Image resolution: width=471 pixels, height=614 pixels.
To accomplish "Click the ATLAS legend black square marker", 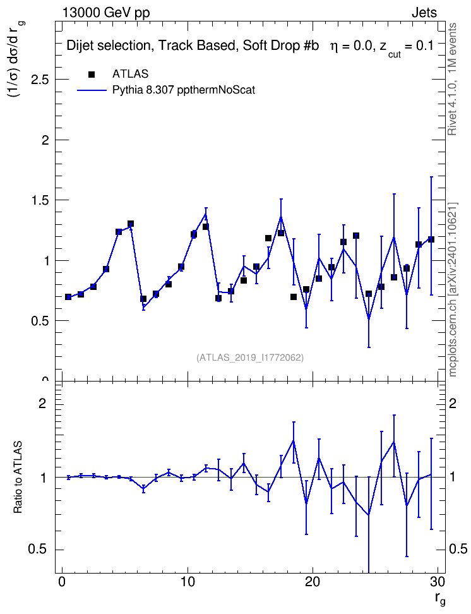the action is click(92, 74).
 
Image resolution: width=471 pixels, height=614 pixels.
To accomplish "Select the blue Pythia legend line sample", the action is click(92, 90).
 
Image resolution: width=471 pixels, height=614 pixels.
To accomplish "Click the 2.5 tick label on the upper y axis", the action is click(40, 80).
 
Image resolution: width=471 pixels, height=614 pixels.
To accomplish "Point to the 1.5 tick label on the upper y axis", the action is click(40, 200).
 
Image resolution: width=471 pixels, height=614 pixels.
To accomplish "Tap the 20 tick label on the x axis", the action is click(313, 582).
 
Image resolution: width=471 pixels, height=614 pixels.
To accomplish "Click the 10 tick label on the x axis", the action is click(188, 582).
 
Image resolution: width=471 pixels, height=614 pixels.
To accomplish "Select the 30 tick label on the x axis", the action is click(438, 582).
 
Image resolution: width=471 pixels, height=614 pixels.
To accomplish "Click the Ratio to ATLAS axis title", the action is click(18, 478).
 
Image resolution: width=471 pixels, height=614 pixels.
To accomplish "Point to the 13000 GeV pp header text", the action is click(106, 13).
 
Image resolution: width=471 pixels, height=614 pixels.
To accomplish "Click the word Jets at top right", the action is click(424, 13).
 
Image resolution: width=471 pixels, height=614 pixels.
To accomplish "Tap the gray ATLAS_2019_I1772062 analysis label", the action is click(250, 358).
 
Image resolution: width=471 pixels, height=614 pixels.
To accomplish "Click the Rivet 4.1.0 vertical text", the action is click(453, 79).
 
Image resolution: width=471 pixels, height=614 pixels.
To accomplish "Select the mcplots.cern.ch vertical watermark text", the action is click(453, 289).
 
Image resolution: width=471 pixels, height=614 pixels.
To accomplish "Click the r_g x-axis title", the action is click(439, 599).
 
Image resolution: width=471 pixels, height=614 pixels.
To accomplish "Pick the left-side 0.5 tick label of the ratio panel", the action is click(37, 550).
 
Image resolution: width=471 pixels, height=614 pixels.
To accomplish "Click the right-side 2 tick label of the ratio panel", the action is click(453, 403).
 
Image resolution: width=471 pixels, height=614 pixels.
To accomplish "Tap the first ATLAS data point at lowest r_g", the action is click(68, 297).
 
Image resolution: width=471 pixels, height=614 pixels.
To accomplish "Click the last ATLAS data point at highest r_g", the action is click(431, 239).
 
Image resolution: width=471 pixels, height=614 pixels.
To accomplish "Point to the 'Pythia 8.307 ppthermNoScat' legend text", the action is click(184, 90).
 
